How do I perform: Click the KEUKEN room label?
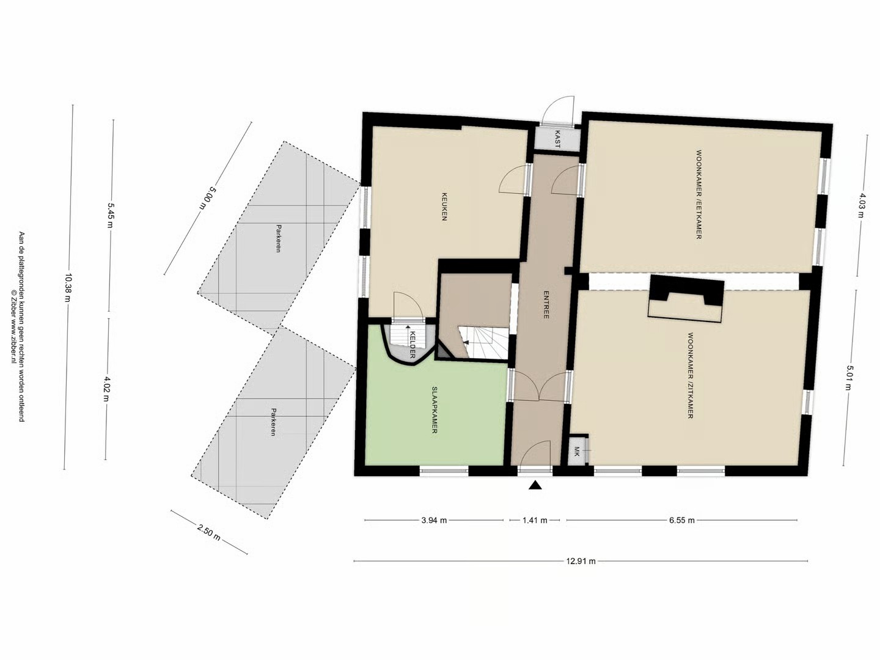pyautogui.click(x=444, y=207)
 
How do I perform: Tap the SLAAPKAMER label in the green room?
pyautogui.click(x=434, y=410)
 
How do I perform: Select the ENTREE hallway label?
pyautogui.click(x=546, y=304)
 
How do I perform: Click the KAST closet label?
pyautogui.click(x=557, y=139)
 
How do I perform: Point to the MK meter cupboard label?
pyautogui.click(x=577, y=452)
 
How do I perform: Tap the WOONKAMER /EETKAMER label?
pyautogui.click(x=698, y=194)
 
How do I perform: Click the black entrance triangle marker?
pyautogui.click(x=535, y=485)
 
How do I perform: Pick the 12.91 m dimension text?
pyautogui.click(x=581, y=561)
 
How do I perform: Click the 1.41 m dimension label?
pyautogui.click(x=535, y=520)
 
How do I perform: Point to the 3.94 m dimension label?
pyautogui.click(x=434, y=520)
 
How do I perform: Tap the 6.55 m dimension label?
pyautogui.click(x=682, y=520)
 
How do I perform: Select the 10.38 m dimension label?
pyautogui.click(x=68, y=287)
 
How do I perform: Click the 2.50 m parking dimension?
pyautogui.click(x=208, y=532)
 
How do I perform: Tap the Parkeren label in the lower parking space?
pyautogui.click(x=273, y=422)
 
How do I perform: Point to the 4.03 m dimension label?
pyautogui.click(x=861, y=205)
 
